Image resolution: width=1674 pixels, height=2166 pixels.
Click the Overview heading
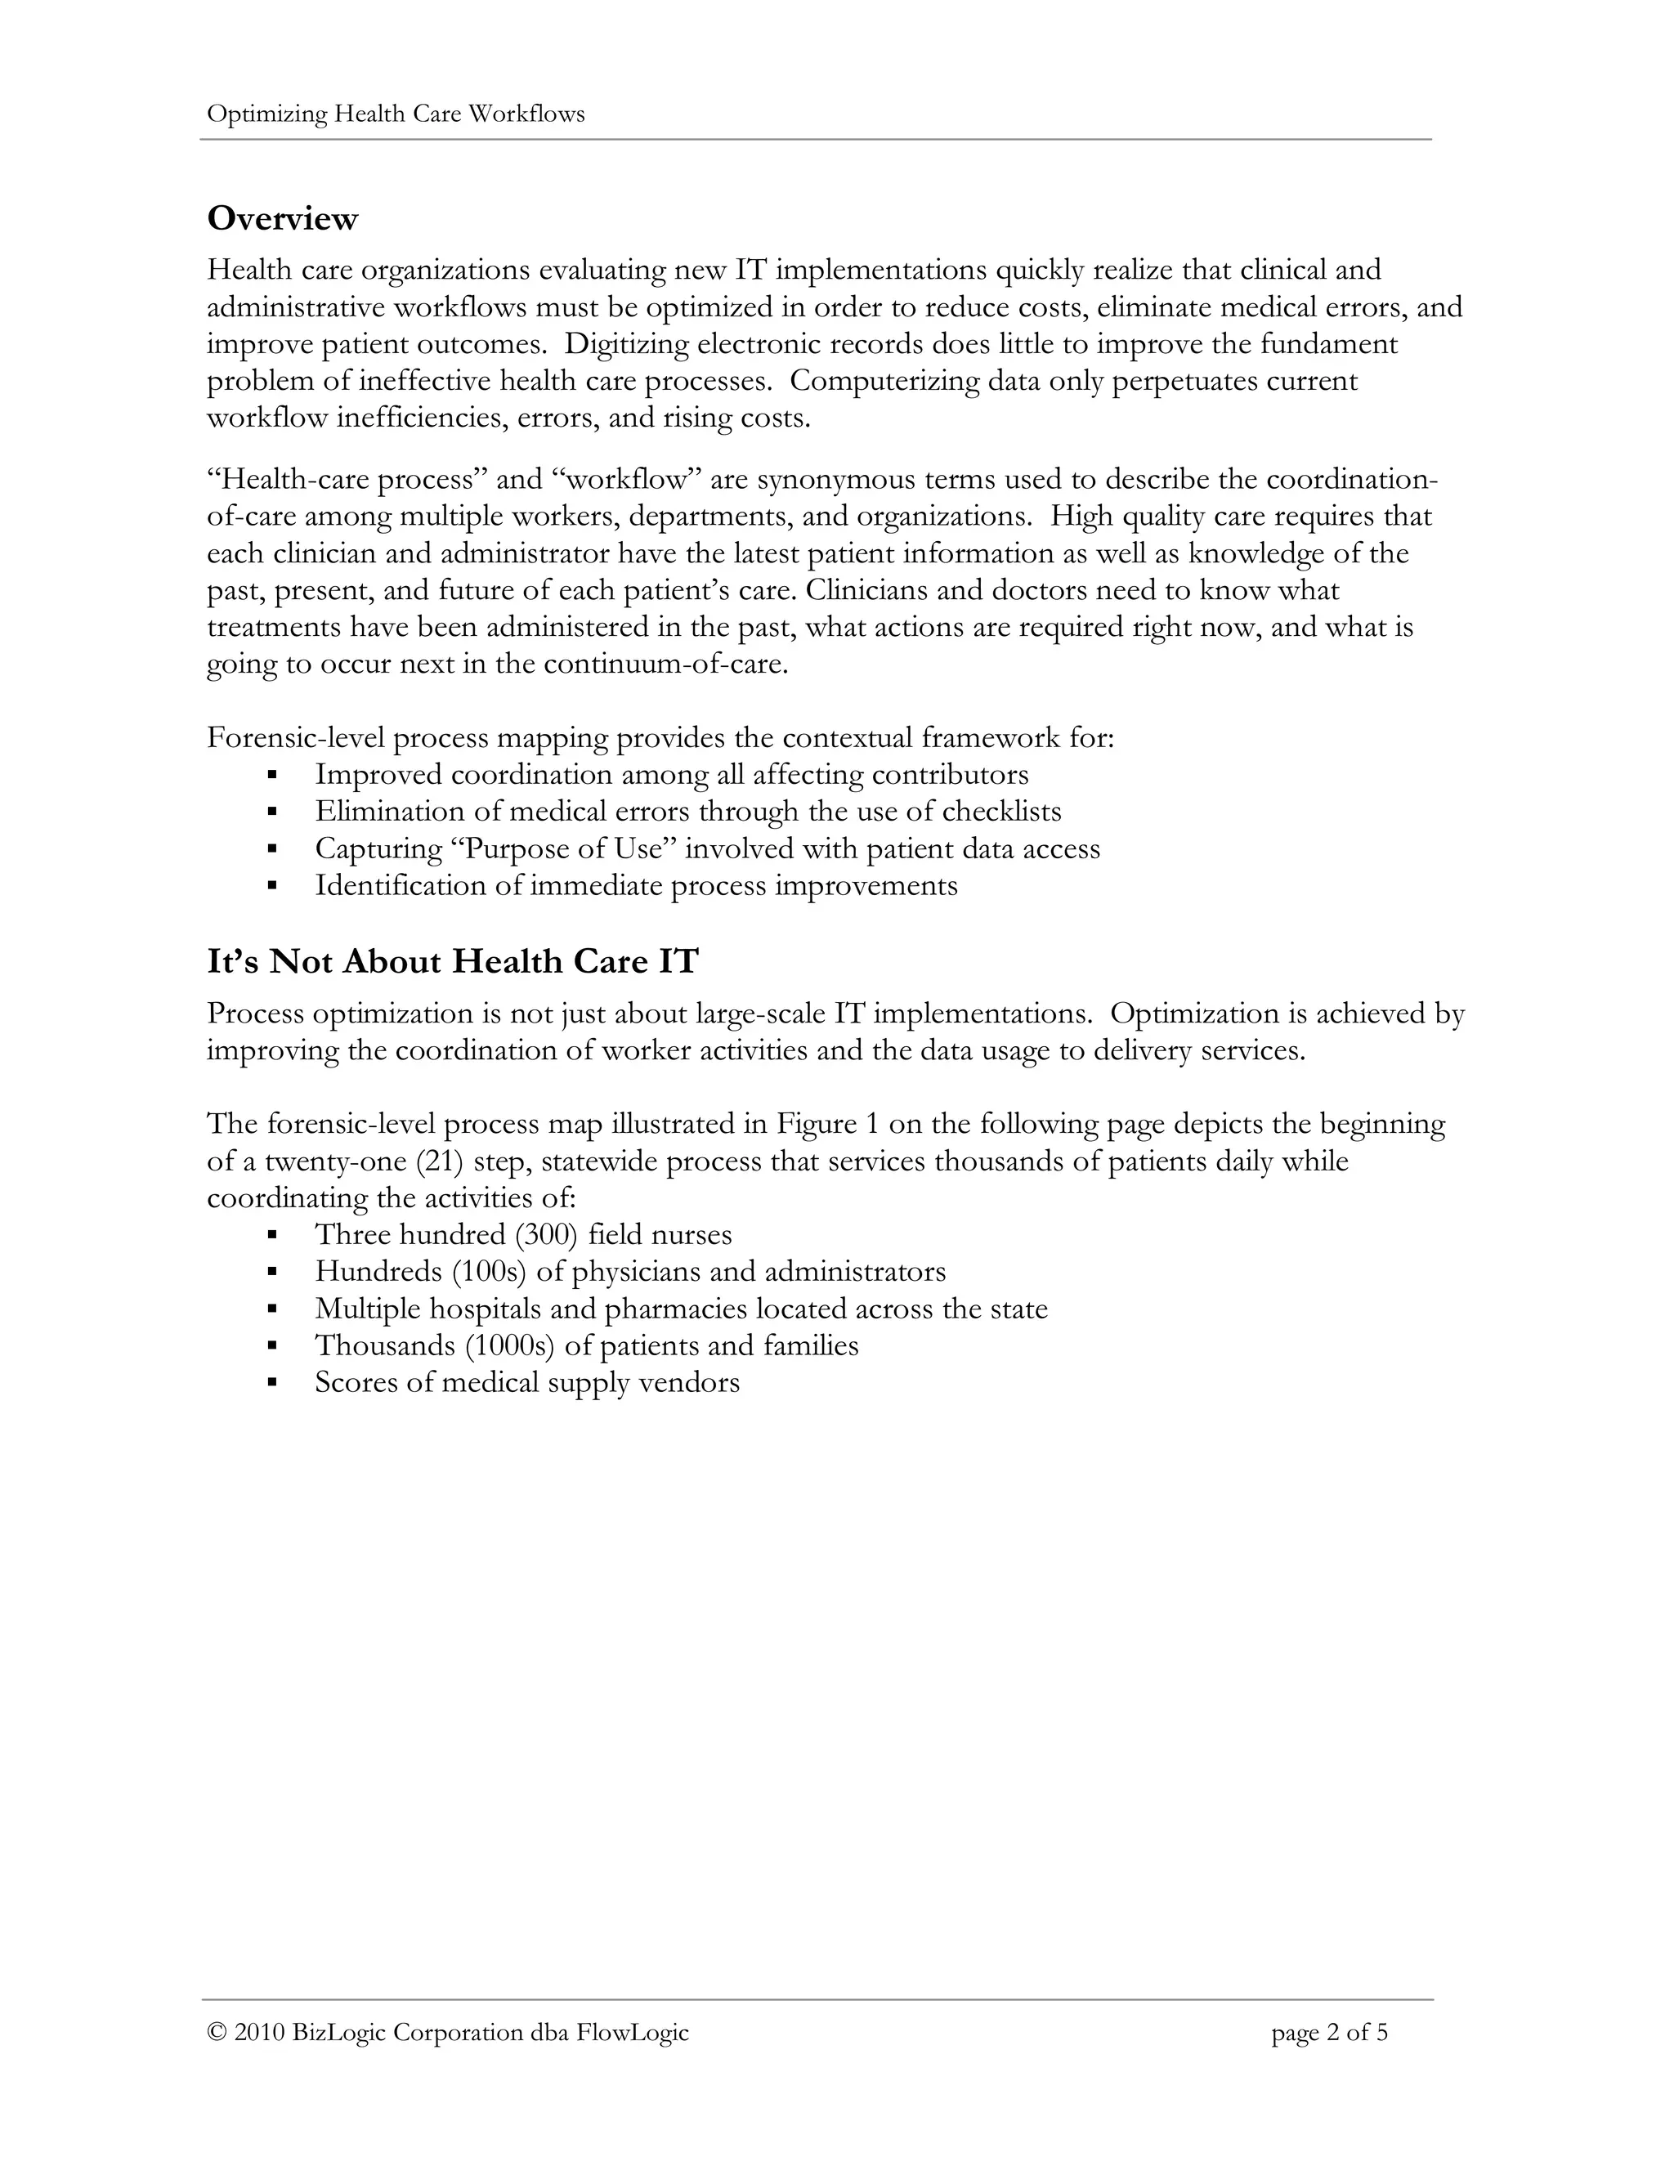(282, 218)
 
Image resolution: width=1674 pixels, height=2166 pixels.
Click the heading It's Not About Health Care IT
(452, 961)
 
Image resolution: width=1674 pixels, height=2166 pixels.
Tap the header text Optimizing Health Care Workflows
(396, 114)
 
